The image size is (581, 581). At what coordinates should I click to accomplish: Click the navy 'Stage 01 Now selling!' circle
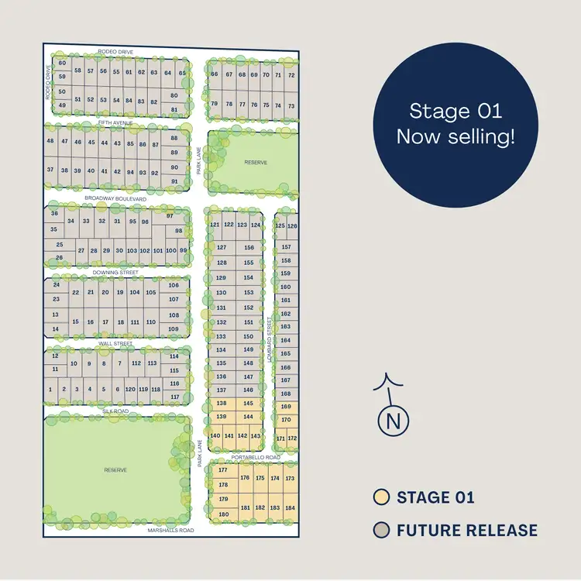456,123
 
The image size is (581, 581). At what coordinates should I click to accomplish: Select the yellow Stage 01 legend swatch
380,497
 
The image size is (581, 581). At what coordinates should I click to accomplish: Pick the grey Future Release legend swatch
380,531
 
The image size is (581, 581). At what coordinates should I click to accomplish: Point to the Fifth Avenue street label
115,123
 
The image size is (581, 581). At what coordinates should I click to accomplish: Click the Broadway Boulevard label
115,199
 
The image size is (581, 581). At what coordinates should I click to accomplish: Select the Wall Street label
115,343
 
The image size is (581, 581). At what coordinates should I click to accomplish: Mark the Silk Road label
115,411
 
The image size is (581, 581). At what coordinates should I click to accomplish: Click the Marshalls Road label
170,531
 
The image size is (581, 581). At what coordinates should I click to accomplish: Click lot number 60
62,64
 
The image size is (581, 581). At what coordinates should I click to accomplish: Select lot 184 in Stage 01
290,508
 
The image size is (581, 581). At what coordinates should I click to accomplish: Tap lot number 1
50,390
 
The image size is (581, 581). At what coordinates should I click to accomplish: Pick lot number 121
215,225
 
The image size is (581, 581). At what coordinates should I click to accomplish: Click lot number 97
170,216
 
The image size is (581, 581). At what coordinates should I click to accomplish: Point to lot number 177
223,470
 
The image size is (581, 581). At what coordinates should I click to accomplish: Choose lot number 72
291,75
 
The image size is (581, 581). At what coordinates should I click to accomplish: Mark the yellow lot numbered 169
286,407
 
